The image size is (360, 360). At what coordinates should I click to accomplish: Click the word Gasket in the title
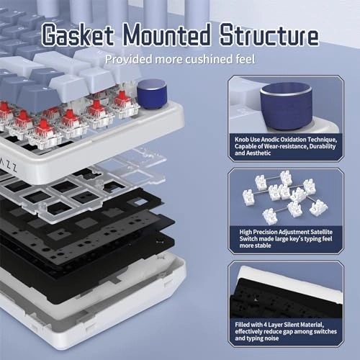tap(77, 35)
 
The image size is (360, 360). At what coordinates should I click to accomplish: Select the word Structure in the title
tap(269, 35)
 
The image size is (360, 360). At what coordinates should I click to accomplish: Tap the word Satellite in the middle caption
tap(321, 232)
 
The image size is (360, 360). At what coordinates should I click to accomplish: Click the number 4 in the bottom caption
tap(265, 325)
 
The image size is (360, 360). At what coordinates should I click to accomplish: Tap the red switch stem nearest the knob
tap(121, 98)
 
